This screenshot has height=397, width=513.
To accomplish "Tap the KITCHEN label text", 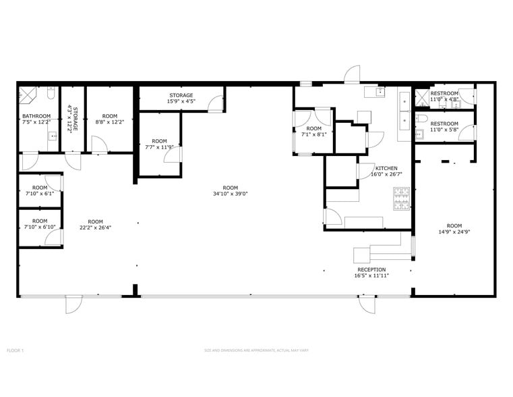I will coord(386,168).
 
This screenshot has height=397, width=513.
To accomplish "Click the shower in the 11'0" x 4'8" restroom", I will coord(422,95).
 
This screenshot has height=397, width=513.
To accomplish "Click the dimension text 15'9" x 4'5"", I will coord(181,102).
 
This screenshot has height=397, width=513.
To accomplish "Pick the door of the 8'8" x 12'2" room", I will coord(98,144).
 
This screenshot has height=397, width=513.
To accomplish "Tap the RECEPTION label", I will coord(371,269).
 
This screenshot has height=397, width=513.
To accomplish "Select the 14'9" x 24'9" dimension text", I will coord(454,232).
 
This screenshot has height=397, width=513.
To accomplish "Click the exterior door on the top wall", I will coord(352,75).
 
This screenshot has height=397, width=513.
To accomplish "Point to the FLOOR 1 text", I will coord(15,350).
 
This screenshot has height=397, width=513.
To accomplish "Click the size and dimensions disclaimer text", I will coord(256,350).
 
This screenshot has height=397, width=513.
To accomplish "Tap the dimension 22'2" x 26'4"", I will coord(95,228).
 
